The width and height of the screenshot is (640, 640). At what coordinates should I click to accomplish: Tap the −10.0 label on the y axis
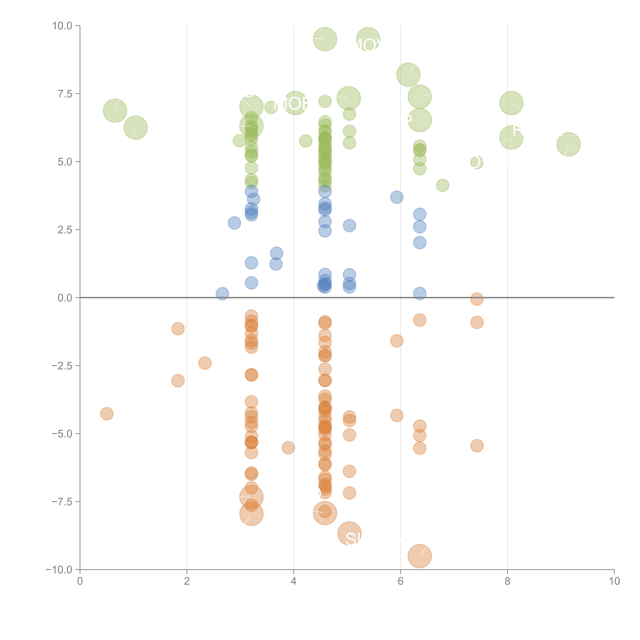pyautogui.click(x=59, y=570)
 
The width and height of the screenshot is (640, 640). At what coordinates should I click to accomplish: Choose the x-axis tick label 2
pyautogui.click(x=187, y=581)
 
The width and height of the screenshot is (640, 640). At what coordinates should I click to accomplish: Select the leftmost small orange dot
pyautogui.click(x=107, y=414)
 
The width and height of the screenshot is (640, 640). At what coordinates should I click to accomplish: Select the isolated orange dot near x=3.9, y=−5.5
pyautogui.click(x=288, y=448)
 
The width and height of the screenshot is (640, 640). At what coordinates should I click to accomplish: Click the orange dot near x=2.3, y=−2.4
pyautogui.click(x=205, y=363)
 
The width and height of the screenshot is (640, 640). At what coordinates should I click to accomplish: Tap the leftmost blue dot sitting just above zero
pyautogui.click(x=222, y=294)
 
